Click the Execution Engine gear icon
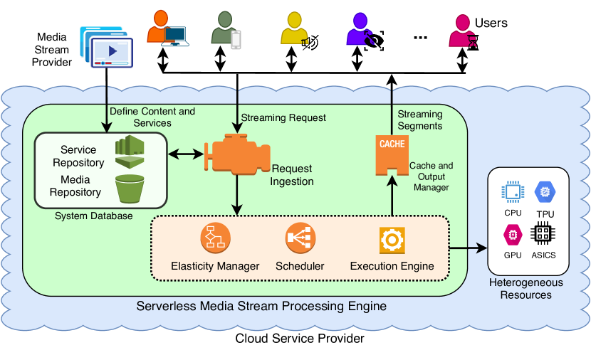pyautogui.click(x=392, y=240)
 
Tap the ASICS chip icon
pyautogui.click(x=545, y=234)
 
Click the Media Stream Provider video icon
pyautogui.click(x=105, y=48)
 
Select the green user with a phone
pyautogui.click(x=226, y=32)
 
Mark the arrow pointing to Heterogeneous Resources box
pyautogui.click(x=469, y=248)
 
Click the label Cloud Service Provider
pyautogui.click(x=300, y=338)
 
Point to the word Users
pyautogui.click(x=491, y=23)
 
